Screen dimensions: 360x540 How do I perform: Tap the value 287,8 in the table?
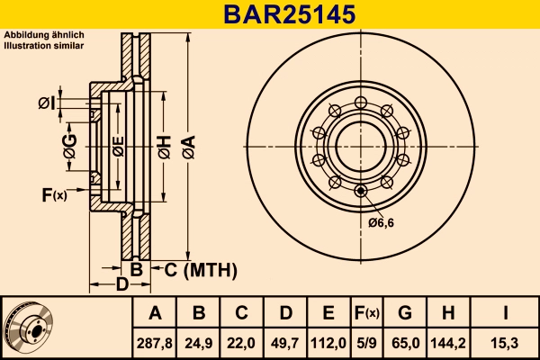155,342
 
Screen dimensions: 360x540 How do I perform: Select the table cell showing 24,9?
199,342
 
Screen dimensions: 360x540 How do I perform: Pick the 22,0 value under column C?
241,342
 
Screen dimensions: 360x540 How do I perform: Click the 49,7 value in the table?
284,342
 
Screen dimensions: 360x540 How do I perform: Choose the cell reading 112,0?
328,342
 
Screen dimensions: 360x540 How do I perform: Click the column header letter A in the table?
155,313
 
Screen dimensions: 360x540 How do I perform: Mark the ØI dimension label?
47,104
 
